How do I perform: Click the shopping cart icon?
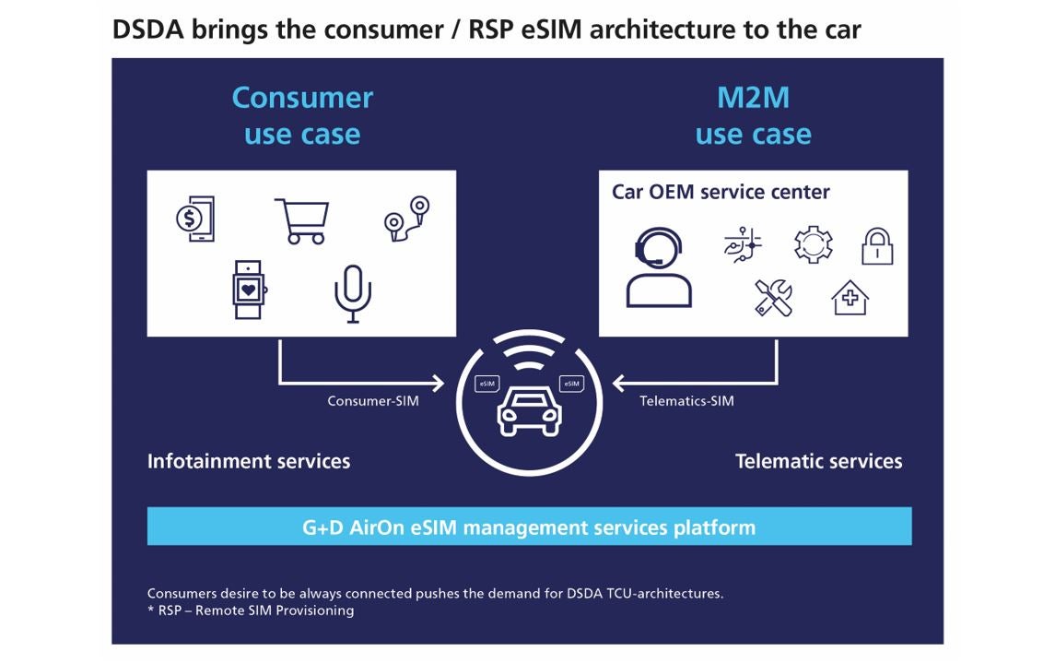click(302, 221)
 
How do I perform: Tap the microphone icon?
click(352, 293)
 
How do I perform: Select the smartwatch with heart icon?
click(248, 290)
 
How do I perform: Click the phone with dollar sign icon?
click(195, 219)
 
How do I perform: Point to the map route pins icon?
click(407, 219)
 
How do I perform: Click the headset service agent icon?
click(658, 266)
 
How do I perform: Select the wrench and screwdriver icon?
click(773, 297)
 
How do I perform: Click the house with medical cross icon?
click(850, 298)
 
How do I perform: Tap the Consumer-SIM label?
click(373, 401)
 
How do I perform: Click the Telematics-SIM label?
click(686, 401)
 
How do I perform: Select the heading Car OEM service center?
click(721, 192)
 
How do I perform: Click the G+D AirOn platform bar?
click(529, 527)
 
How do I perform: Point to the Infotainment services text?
click(249, 461)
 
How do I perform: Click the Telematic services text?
click(818, 461)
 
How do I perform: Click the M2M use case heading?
click(753, 115)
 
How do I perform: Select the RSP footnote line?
click(251, 610)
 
